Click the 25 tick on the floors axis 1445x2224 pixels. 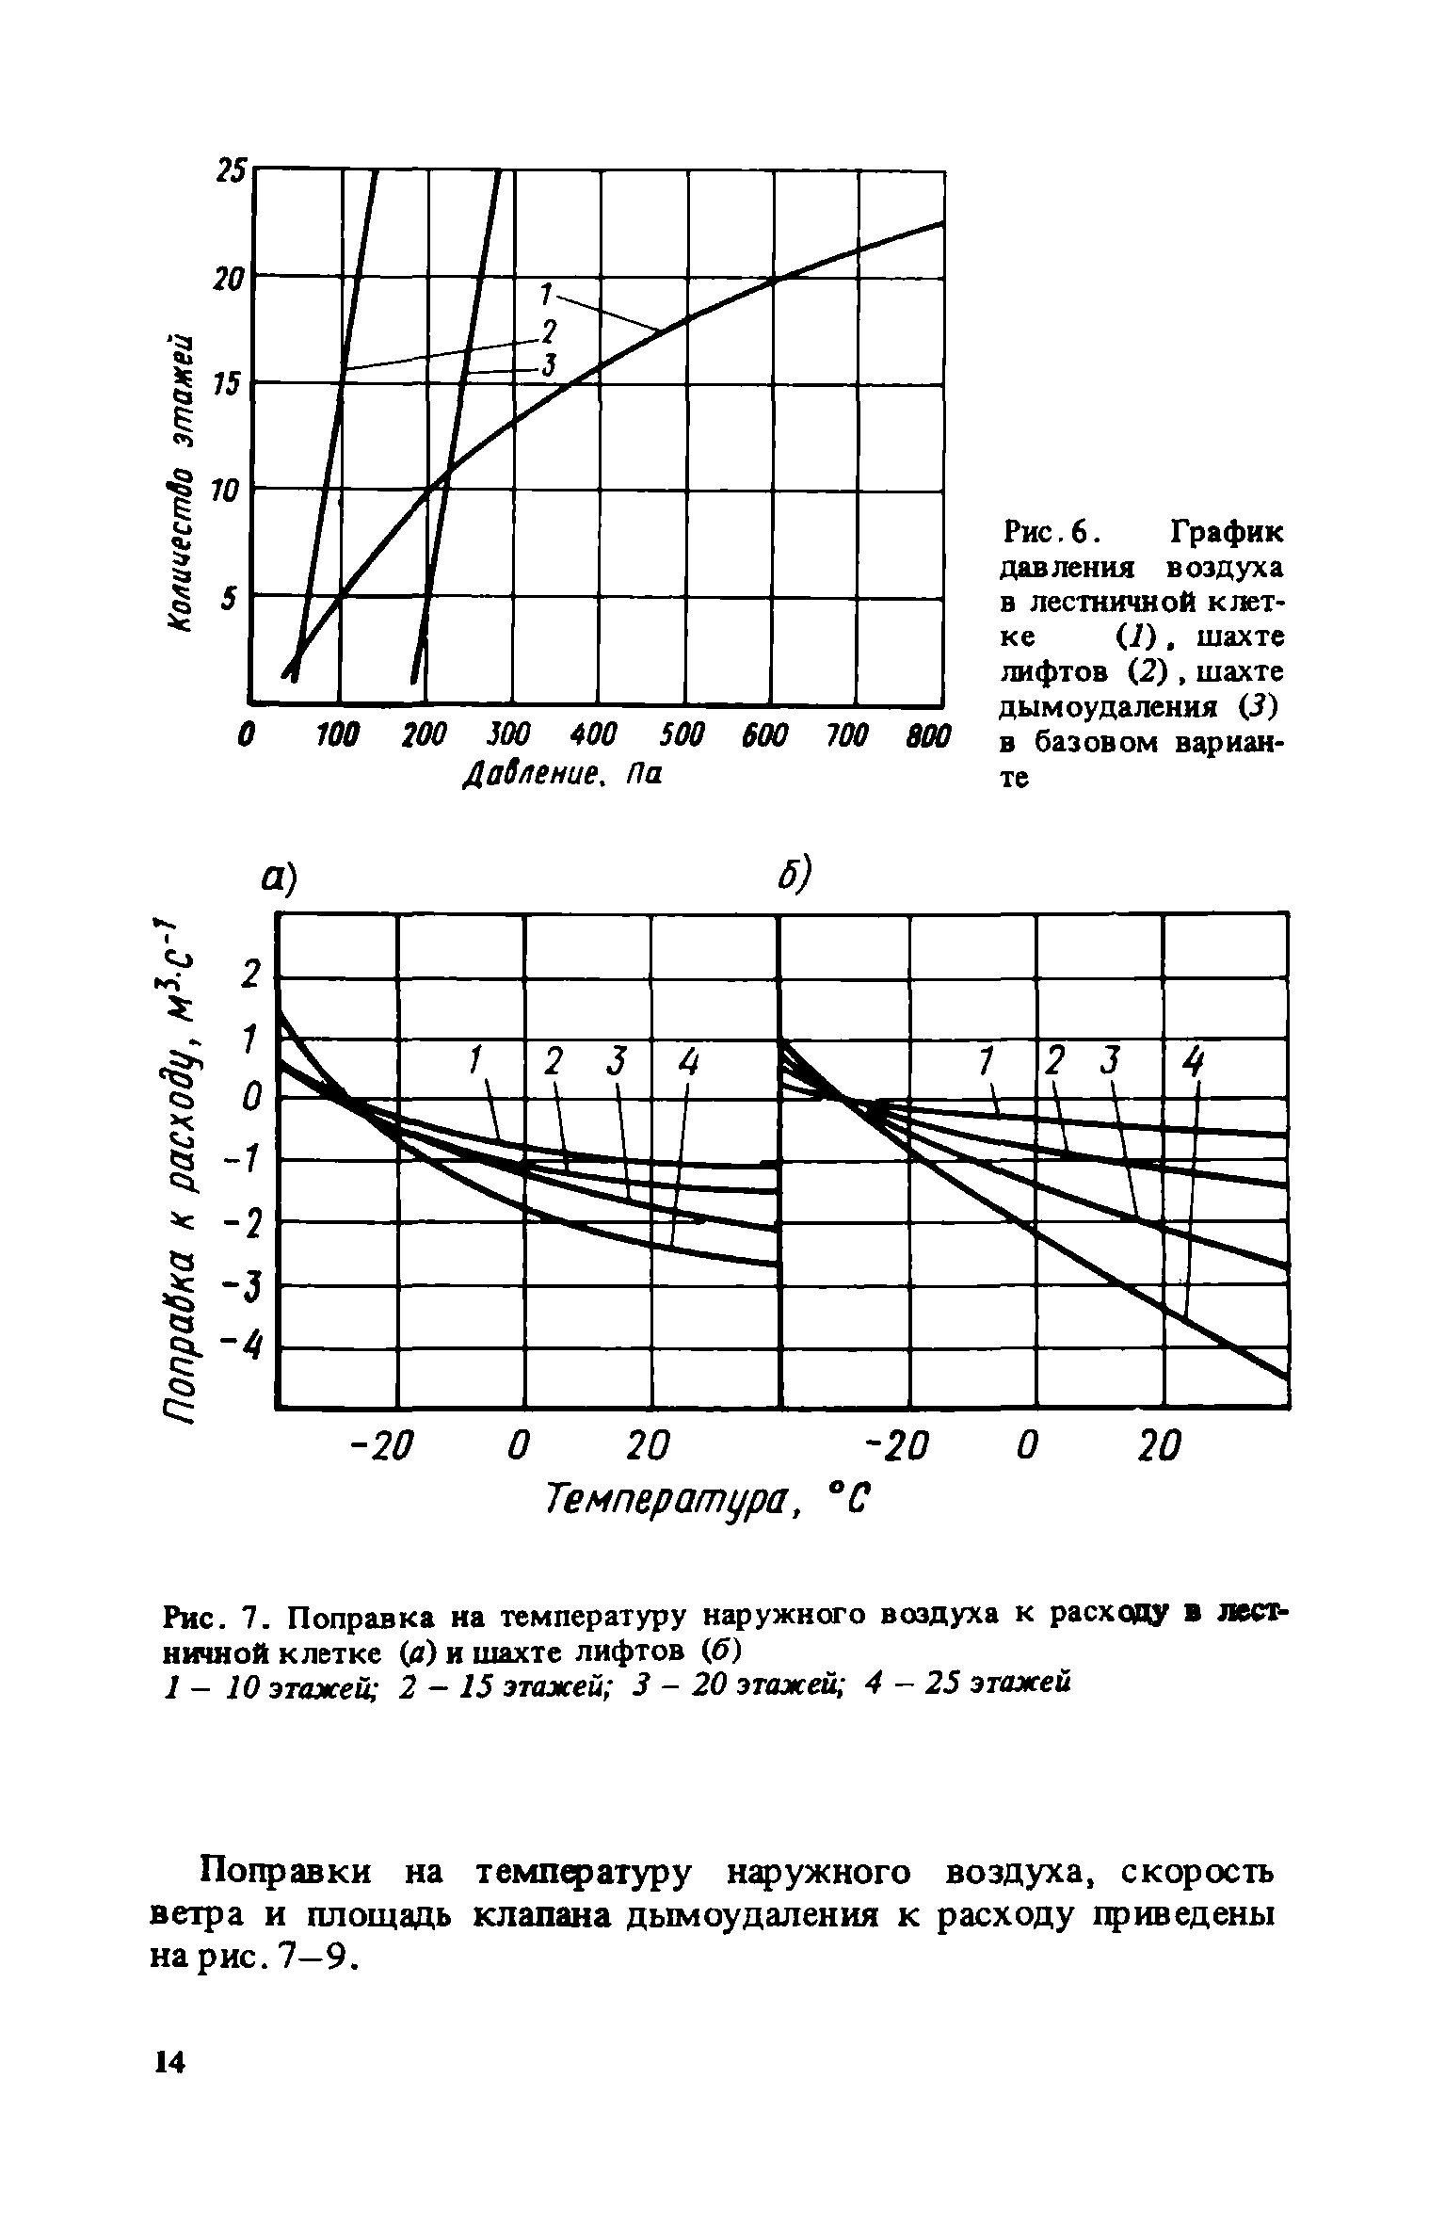231,170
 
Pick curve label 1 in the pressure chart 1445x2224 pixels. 544,294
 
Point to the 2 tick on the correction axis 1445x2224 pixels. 249,975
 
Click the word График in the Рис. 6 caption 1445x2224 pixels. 1226,534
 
